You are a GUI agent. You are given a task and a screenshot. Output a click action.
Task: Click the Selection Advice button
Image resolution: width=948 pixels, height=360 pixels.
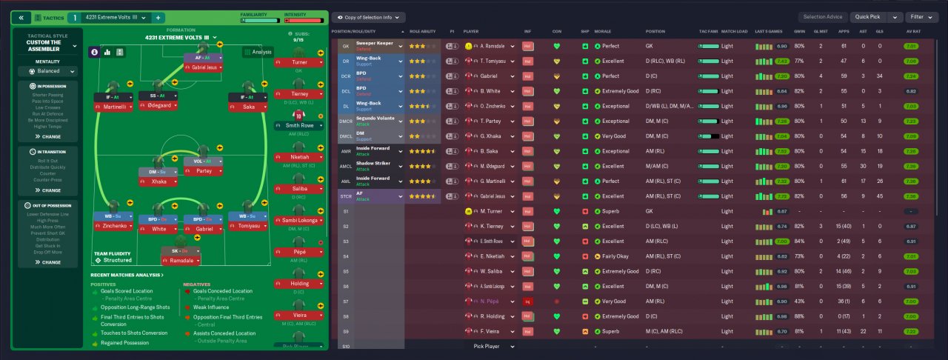(822, 17)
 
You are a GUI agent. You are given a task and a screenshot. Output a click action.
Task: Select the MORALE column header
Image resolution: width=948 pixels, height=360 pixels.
(602, 32)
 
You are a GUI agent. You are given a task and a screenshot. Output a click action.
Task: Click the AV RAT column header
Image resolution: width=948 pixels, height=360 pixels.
(915, 32)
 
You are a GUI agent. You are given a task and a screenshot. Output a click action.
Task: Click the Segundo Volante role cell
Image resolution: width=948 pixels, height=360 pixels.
(378, 121)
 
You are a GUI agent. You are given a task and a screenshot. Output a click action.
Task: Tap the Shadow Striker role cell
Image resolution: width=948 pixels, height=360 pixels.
(378, 166)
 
